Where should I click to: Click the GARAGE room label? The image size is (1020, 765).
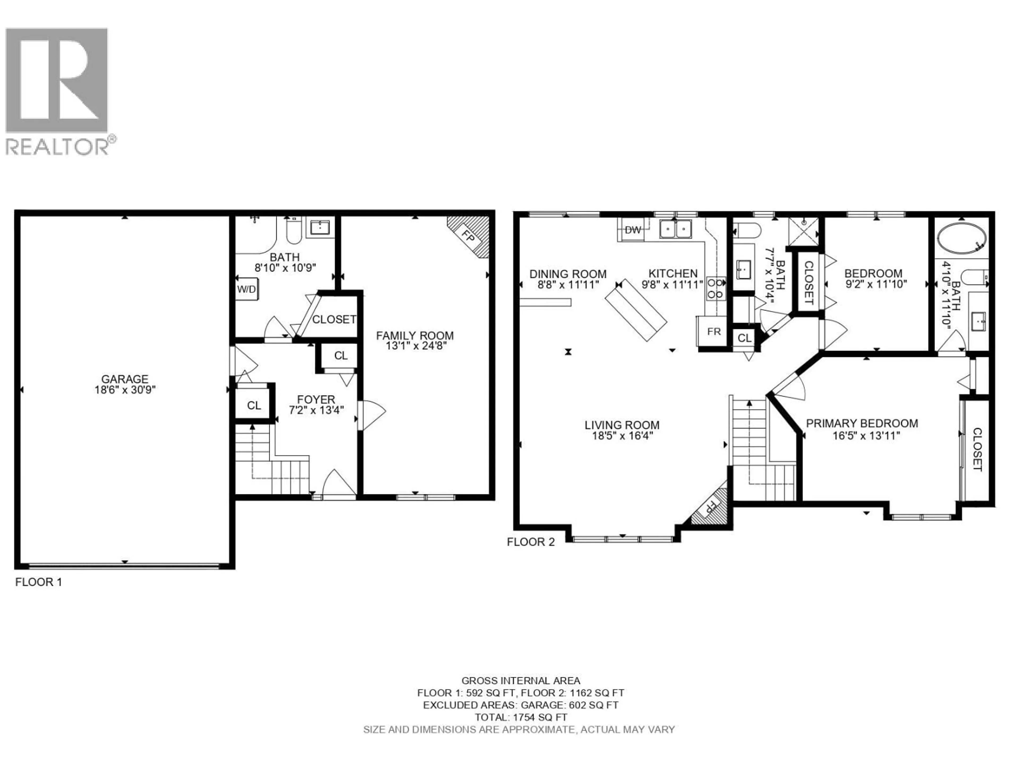(125, 379)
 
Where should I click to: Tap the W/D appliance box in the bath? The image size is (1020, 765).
(247, 289)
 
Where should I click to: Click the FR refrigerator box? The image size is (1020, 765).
(713, 331)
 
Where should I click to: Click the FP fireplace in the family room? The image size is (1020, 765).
(469, 237)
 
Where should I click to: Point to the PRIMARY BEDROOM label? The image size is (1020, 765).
(862, 423)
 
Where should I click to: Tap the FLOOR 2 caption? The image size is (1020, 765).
(531, 542)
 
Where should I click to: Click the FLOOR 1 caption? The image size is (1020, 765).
(39, 582)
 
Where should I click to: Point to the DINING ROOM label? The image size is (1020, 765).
(568, 274)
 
